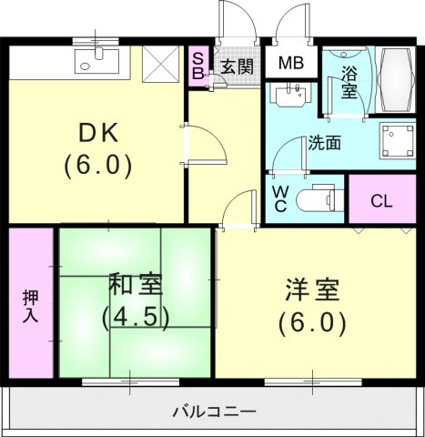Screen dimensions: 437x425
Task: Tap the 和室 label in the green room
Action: [137, 284]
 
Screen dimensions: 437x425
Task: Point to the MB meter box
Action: [291, 64]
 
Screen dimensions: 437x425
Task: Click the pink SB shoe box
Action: [197, 66]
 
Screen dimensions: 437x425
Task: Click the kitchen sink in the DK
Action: [94, 61]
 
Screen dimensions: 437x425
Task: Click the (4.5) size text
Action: [136, 318]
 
